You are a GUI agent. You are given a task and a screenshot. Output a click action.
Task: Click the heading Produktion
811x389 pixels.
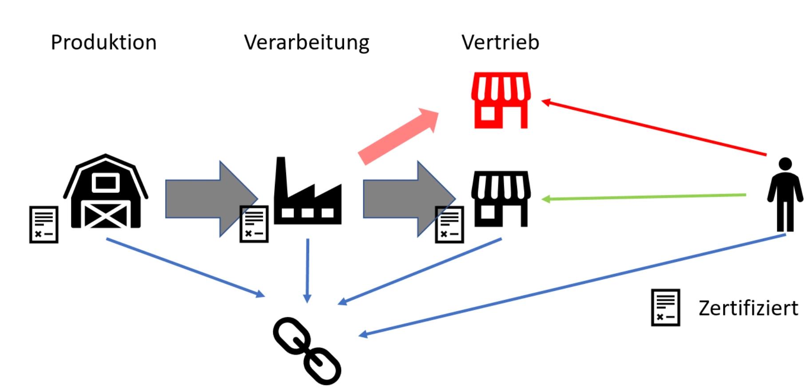click(x=103, y=43)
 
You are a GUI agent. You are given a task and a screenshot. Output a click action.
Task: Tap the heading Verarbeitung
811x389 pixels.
click(x=306, y=43)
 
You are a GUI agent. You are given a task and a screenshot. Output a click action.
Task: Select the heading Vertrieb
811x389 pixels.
click(x=500, y=43)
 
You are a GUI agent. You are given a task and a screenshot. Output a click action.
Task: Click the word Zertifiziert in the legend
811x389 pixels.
click(x=748, y=308)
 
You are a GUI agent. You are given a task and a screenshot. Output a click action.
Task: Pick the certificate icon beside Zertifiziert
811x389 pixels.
click(x=665, y=307)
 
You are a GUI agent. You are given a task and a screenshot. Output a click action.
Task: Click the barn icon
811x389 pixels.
click(x=106, y=192)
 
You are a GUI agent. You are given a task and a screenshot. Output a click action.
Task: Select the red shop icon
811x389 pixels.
click(x=501, y=100)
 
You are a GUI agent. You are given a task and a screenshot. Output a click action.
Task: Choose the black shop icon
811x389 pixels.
click(x=501, y=198)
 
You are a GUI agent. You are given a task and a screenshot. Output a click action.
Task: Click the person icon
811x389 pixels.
click(x=785, y=194)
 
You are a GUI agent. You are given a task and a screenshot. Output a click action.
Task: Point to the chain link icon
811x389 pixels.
click(x=307, y=350)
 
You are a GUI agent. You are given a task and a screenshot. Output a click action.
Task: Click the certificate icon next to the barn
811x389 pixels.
click(x=44, y=224)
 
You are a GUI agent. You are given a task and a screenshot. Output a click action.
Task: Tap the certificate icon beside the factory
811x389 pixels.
click(x=254, y=224)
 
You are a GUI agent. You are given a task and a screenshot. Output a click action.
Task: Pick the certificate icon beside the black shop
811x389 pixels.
click(x=449, y=225)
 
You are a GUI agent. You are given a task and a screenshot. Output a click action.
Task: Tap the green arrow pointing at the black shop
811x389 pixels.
click(x=644, y=197)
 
